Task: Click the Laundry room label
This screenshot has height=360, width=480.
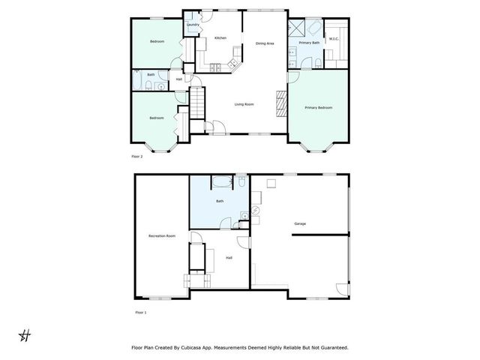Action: tap(192, 25)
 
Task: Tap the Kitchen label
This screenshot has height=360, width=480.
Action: tap(220, 37)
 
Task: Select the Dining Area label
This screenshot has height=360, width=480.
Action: tap(265, 43)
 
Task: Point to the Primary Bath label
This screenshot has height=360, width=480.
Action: tap(310, 43)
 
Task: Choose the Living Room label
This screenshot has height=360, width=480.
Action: tap(244, 104)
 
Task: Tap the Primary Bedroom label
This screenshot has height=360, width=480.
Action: tap(318, 108)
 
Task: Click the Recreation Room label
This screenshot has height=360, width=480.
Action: tap(162, 236)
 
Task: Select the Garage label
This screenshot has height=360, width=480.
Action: tap(300, 223)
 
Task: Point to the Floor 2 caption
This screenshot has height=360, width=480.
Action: tap(136, 157)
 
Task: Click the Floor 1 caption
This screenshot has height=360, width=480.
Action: tap(140, 311)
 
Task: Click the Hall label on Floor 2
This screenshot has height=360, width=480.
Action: tap(179, 79)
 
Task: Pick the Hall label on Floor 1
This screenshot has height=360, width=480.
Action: tap(228, 258)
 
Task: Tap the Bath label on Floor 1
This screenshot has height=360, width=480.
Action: tap(220, 201)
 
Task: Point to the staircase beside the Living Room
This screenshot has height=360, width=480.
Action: tap(196, 101)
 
